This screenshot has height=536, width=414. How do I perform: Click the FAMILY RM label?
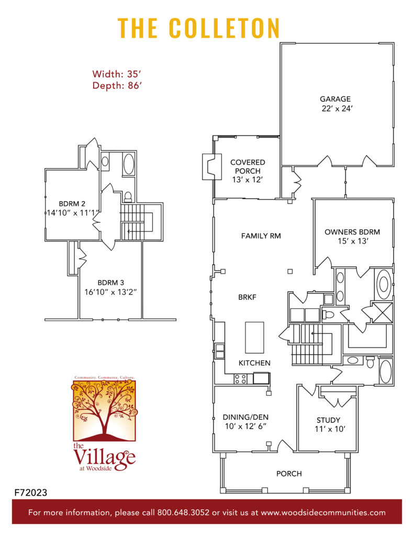[261, 236]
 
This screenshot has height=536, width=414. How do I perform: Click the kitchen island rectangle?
[254, 338]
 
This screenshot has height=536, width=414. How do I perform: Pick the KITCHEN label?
[254, 363]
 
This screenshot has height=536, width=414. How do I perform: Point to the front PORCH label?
[289, 474]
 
